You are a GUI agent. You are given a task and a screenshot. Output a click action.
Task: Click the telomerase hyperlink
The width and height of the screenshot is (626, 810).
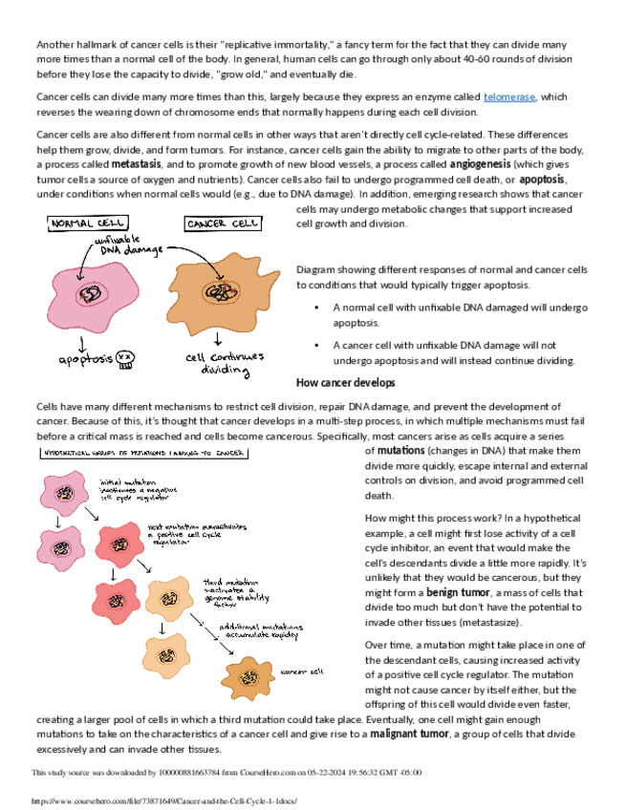(x=509, y=96)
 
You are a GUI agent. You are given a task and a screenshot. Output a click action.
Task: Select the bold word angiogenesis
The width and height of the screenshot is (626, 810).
(x=486, y=164)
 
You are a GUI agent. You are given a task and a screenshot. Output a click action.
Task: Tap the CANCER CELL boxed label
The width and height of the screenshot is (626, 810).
(x=221, y=224)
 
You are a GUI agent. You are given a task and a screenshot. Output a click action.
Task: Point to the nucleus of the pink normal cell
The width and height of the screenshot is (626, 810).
(x=92, y=293)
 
